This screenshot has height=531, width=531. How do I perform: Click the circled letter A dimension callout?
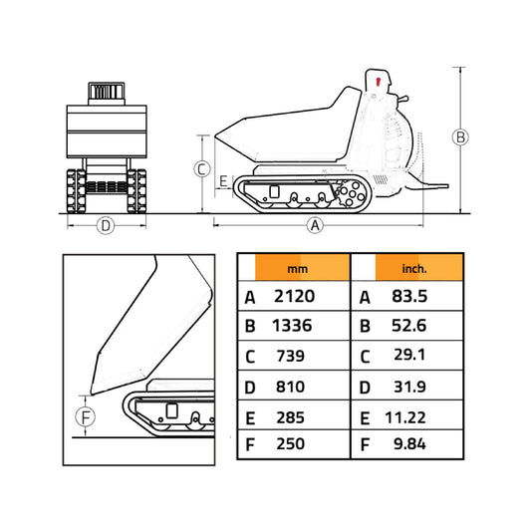pyautogui.click(x=316, y=225)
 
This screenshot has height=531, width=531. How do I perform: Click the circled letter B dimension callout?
pyautogui.click(x=459, y=137)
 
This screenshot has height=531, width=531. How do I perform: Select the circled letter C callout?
pyautogui.click(x=202, y=169)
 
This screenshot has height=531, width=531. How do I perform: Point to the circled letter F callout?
pyautogui.click(x=87, y=417)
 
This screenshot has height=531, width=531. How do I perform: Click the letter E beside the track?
pyautogui.click(x=223, y=180)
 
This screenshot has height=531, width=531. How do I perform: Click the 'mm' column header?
pyautogui.click(x=297, y=268)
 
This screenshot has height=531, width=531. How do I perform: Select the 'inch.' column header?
pyautogui.click(x=414, y=268)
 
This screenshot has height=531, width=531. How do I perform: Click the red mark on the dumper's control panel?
pyautogui.click(x=379, y=80)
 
